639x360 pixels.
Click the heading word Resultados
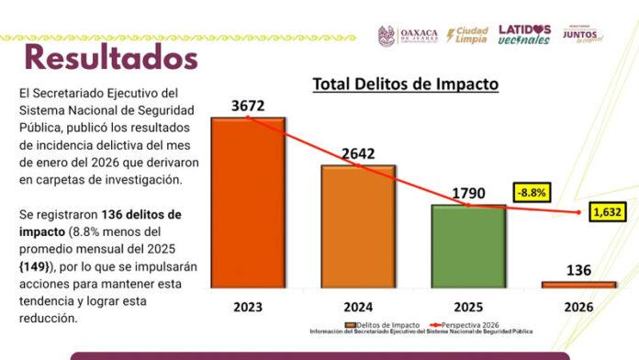[110, 57]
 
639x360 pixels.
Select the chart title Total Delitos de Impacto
[405, 84]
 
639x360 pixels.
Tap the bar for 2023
[248, 202]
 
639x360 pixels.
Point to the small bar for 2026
[578, 285]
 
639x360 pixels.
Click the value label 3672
[248, 107]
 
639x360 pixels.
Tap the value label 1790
[468, 193]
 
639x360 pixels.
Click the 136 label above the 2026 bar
[578, 271]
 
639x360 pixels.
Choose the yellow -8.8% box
[532, 194]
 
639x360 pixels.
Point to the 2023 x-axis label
[248, 305]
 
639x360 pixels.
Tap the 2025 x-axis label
[468, 305]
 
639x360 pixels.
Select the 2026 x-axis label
[578, 305]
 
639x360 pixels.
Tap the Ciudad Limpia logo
[466, 35]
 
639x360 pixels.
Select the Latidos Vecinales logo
[524, 35]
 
